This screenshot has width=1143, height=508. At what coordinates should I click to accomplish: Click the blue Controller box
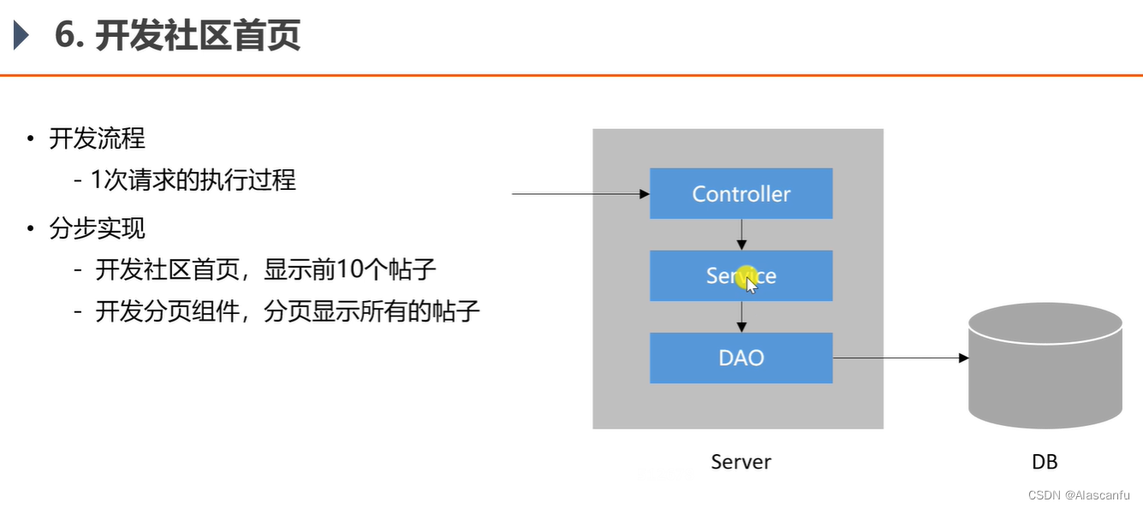(x=741, y=193)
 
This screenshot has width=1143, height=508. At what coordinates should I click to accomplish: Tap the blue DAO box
(x=741, y=357)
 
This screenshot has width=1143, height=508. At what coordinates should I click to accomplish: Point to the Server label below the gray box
(x=741, y=462)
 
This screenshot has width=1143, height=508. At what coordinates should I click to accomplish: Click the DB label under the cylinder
(x=1045, y=462)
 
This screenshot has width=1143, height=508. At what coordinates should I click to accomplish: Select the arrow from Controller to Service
(x=742, y=233)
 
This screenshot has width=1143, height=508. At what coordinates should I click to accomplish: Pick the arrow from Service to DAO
(x=742, y=316)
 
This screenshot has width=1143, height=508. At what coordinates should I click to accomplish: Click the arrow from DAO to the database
(x=899, y=357)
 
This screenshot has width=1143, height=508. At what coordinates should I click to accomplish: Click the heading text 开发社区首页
(x=198, y=37)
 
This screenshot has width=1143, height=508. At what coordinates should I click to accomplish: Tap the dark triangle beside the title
(x=21, y=37)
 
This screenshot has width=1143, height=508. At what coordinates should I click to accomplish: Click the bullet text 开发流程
(x=97, y=139)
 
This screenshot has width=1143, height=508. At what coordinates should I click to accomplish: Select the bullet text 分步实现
(x=97, y=228)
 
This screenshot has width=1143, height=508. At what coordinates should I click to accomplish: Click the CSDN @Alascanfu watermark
(x=1079, y=495)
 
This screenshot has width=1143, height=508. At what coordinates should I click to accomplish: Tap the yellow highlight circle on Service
(x=745, y=275)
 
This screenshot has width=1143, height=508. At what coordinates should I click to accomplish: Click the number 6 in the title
(x=64, y=37)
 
